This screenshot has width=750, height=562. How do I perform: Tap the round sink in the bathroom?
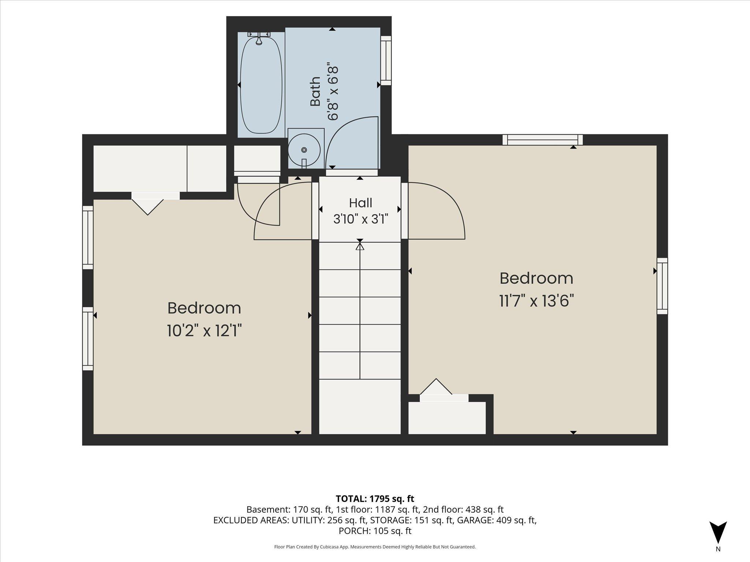[304, 149]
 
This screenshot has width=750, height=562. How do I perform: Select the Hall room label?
[361, 203]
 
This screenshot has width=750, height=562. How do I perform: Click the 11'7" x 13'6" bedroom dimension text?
[536, 301]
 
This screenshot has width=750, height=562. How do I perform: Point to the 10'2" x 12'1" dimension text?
[204, 331]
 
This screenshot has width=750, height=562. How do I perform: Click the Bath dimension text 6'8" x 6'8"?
[333, 93]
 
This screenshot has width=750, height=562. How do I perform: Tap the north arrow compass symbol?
[718, 532]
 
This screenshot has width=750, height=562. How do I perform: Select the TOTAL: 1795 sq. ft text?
[375, 498]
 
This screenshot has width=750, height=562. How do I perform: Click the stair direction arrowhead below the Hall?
[360, 246]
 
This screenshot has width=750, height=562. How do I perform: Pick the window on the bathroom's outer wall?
[386, 60]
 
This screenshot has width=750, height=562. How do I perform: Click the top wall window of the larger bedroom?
[542, 140]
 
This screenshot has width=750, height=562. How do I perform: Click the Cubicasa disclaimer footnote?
[375, 547]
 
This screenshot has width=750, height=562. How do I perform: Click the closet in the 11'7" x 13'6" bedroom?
[447, 418]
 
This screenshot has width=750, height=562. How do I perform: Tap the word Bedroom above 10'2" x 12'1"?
[204, 308]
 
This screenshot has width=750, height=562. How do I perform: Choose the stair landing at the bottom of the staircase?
[360, 407]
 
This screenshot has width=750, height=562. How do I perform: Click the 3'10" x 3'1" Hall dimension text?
[361, 219]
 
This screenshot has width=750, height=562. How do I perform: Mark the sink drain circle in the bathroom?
[304, 150]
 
